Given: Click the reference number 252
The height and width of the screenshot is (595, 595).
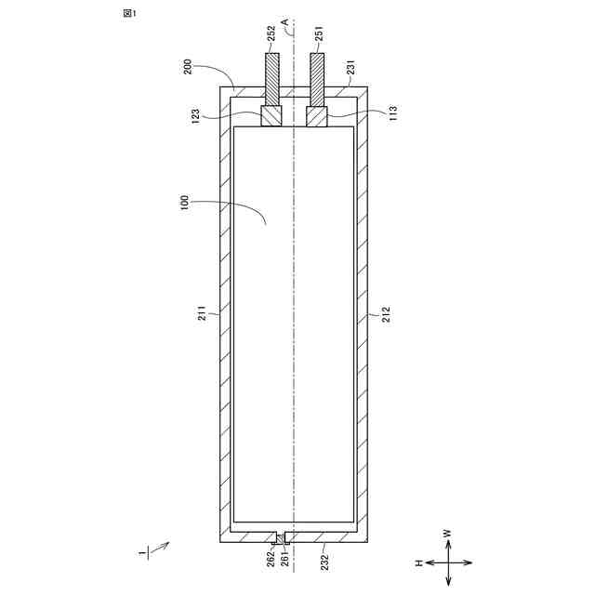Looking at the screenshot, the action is coord(271,33).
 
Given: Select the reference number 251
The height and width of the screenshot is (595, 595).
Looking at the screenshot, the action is coord(320,33).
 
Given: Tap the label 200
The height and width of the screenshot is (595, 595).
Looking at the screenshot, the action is coord(189,67).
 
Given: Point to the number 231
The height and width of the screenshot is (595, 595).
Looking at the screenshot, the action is coord(351,67).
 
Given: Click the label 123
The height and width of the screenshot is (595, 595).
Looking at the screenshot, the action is coord(195,117).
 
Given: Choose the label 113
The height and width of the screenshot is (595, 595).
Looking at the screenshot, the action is coord(393,113).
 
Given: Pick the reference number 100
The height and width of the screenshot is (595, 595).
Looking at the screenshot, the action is coord(184,203).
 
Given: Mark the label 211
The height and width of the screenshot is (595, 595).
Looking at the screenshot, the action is coord(203,313).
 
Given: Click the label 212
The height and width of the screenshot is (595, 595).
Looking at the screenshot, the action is coord(386,314).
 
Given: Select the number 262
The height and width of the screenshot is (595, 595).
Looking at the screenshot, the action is coord(271,559).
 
